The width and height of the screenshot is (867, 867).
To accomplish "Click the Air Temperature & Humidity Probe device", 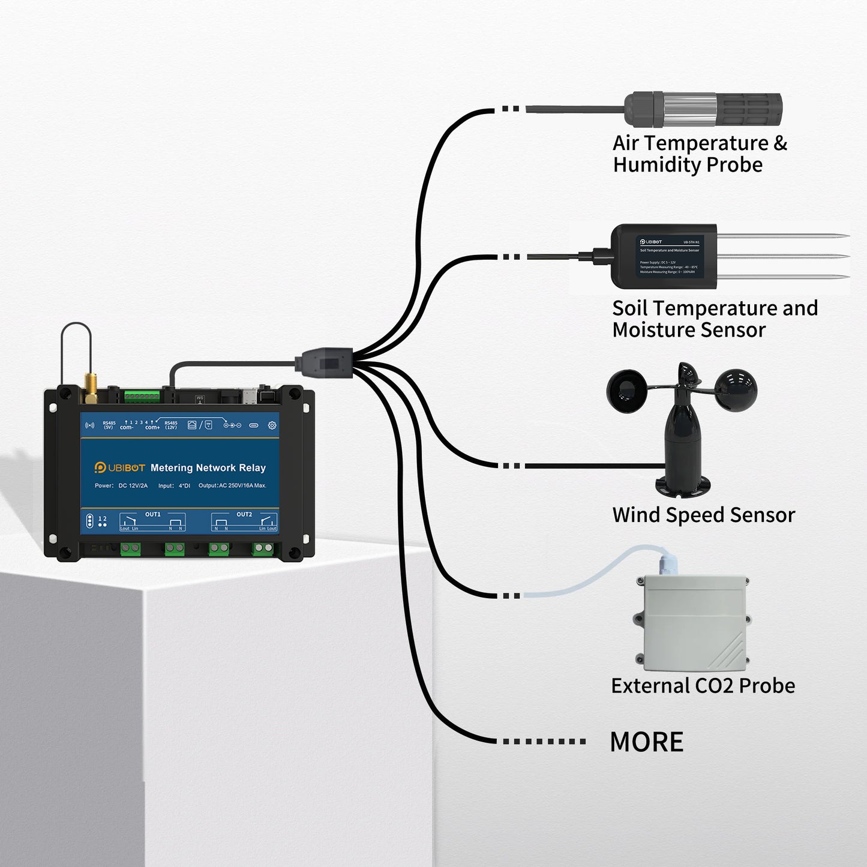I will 702,110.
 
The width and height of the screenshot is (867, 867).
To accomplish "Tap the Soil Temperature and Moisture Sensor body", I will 664,256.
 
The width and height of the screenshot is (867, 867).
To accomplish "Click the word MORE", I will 646,742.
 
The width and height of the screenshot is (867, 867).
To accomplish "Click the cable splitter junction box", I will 322,364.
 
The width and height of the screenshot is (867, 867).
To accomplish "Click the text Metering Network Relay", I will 208,468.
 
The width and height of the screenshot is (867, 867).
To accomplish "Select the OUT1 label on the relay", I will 152,514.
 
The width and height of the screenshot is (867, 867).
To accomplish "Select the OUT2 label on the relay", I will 244,514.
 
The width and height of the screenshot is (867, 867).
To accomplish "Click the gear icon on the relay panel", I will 272,425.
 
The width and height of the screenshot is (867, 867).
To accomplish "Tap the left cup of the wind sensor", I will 627,391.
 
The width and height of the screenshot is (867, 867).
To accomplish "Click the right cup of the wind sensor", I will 737,391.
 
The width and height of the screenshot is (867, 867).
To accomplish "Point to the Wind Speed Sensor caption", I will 703,515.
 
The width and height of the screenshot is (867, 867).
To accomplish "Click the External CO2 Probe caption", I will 703,686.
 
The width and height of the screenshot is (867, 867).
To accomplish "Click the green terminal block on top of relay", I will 142,396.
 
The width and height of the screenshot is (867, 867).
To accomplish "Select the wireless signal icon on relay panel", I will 90,425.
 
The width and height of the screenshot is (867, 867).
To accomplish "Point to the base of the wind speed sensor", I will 683,485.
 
